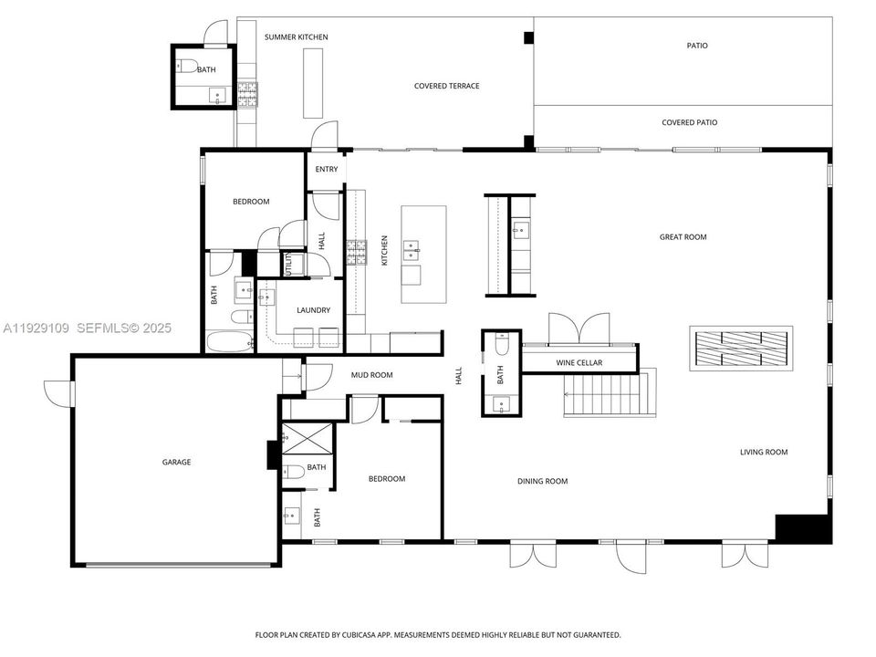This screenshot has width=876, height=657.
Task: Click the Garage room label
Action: [176, 463]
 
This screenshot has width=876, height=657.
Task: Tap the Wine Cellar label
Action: [579, 363]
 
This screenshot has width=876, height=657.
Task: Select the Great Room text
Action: [683, 237]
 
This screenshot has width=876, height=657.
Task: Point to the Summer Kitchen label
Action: [296, 37]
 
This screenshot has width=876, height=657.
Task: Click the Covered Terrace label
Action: [446, 87]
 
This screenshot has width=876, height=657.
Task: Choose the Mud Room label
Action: [372, 375]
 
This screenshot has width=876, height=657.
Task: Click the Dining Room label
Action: [543, 482]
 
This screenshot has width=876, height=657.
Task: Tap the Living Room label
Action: [763, 453]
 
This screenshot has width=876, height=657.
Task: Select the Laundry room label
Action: [313, 311]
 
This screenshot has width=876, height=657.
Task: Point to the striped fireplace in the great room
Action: [741, 348]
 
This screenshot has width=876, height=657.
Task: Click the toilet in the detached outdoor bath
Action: [187, 66]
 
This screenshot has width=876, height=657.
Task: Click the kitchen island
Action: [423, 255]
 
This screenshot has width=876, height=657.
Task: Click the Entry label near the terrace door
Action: [326, 170]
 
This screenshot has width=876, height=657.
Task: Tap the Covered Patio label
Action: [689, 122]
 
